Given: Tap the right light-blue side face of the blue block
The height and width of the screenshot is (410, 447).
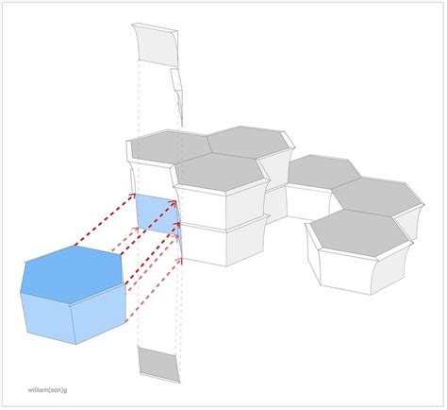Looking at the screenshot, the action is point(99,314).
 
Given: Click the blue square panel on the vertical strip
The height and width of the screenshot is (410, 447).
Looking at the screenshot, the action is point(158,214).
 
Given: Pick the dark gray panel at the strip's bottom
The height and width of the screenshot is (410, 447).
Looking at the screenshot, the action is point(158,365).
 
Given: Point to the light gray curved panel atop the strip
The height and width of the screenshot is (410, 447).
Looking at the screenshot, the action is point(156,45).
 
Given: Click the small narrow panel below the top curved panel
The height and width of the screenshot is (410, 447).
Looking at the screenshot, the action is point(176,78).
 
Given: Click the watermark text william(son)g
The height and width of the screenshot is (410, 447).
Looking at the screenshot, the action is point(47,390).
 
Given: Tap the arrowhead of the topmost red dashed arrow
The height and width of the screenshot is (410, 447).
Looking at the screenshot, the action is point(133,196).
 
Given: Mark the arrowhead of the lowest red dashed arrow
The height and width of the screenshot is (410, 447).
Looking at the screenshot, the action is point(179,261).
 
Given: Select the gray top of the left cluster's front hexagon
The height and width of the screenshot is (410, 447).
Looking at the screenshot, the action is point(220,172).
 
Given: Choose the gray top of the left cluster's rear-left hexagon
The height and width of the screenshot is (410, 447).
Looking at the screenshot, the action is point(170,146).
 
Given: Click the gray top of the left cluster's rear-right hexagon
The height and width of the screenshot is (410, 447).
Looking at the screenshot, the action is point(248,141).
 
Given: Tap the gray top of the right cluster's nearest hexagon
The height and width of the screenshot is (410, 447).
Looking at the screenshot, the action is point(361,232).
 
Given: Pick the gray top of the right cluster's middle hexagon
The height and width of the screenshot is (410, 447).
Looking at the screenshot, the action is point(377,196).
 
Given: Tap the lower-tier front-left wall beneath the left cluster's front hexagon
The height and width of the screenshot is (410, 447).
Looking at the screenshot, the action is point(205,243).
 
